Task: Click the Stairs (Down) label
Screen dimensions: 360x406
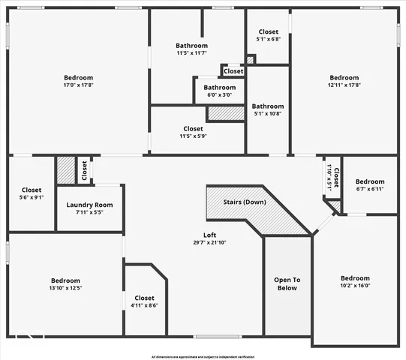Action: tap(245, 202)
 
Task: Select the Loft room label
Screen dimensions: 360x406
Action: tap(200, 235)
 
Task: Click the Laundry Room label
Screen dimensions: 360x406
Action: tap(89, 205)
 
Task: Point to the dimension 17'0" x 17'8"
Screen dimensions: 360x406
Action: tap(78, 85)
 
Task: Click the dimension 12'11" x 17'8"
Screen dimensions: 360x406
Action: tap(344, 85)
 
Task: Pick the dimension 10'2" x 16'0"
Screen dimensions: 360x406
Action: tap(355, 285)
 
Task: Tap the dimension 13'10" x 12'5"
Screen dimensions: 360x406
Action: tap(66, 287)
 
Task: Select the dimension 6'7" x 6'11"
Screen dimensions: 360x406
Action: tap(370, 189)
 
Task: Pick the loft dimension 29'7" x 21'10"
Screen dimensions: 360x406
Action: tap(200, 242)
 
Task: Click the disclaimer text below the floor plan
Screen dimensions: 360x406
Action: tap(203, 356)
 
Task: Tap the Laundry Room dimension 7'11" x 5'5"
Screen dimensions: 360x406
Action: tap(89, 212)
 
